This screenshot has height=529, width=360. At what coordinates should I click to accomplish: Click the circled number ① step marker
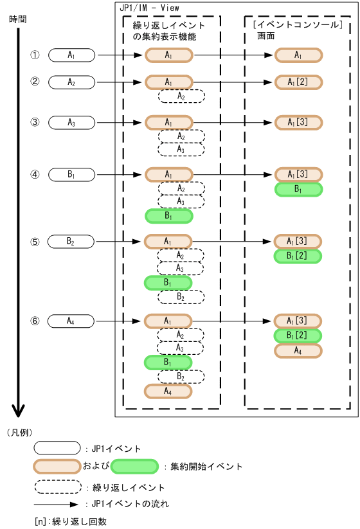click(35, 55)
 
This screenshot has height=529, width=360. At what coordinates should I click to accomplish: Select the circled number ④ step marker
click(35, 174)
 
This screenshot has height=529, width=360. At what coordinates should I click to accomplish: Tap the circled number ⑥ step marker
click(35, 320)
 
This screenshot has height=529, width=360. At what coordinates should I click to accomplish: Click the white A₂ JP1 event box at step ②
click(71, 82)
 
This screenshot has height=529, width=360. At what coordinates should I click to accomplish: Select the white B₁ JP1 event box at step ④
click(71, 174)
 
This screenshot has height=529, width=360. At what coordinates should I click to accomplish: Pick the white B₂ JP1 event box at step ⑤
click(71, 242)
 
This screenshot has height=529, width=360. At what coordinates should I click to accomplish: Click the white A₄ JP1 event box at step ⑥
click(71, 320)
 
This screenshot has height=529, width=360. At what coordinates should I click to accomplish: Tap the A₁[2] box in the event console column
click(298, 82)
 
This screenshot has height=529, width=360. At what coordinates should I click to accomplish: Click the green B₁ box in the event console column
click(298, 189)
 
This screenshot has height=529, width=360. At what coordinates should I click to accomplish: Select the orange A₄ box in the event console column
click(298, 350)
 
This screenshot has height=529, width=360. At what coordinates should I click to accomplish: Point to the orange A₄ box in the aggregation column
click(168, 390)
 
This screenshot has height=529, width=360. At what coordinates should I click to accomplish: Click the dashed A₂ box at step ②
click(181, 96)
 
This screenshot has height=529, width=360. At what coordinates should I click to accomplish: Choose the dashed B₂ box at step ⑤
click(181, 297)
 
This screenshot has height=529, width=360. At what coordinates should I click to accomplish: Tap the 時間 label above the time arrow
click(18, 19)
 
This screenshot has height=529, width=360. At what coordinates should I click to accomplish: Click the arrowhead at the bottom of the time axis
click(18, 411)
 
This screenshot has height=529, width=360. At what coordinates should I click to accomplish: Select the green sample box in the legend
click(134, 466)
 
